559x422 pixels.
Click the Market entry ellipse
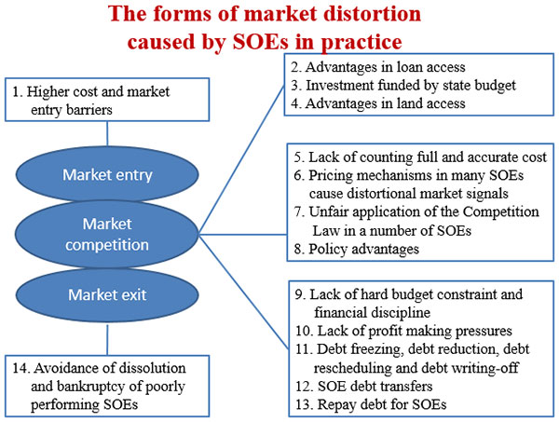point(108,174)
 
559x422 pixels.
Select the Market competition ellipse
point(107,235)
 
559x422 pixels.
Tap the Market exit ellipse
point(108,295)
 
